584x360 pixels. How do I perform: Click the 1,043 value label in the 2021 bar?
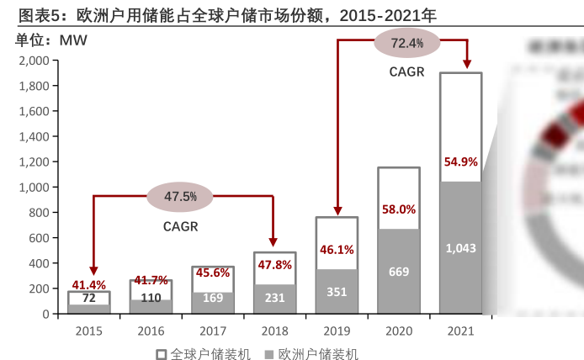(460, 248)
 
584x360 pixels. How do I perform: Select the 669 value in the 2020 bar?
(399, 272)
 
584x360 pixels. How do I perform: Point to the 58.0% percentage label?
(399, 209)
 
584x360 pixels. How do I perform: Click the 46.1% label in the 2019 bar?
(337, 250)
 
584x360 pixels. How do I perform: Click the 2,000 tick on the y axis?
(34, 61)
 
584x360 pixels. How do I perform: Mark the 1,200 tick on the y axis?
(34, 161)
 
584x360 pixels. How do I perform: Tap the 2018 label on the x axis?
(274, 331)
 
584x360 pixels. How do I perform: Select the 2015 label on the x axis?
(88, 331)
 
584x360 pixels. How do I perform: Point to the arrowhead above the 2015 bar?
(93, 271)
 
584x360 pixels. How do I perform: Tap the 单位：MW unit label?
(51, 40)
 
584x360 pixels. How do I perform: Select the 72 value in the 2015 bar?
(88, 298)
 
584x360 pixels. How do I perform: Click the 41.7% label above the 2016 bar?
(151, 280)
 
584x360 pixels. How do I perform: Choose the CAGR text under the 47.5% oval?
(181, 226)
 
